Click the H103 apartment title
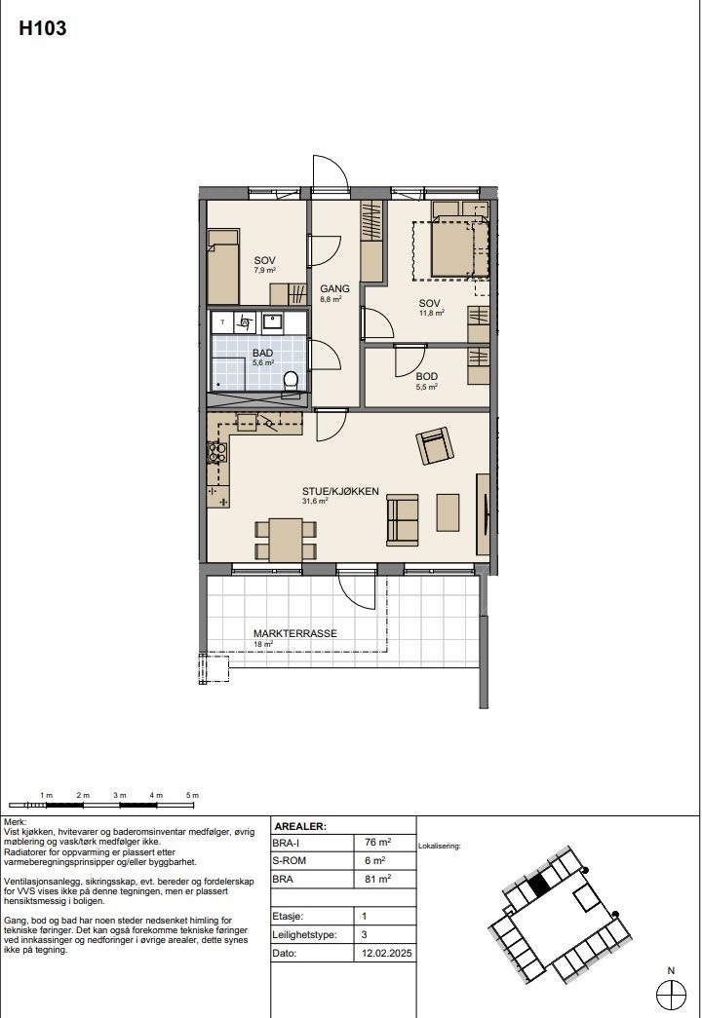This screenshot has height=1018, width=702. (43, 29)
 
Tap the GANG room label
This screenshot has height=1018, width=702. (334, 288)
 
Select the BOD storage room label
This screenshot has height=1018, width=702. (426, 376)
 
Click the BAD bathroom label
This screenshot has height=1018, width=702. (263, 353)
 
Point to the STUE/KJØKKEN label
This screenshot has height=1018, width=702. (339, 491)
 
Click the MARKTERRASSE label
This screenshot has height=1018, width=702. (294, 633)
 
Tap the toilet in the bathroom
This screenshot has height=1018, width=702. (290, 381)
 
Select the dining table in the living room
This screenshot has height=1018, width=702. (286, 540)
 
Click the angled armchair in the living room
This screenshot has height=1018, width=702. (435, 446)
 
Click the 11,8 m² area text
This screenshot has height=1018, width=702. (432, 313)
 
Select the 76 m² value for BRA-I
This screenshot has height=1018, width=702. (377, 843)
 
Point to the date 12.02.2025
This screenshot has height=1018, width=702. (382, 952)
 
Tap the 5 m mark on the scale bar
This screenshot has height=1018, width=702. (193, 796)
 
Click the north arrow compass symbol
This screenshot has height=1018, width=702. (672, 993)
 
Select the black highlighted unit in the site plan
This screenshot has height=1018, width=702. (538, 886)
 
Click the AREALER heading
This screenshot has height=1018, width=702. (301, 825)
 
